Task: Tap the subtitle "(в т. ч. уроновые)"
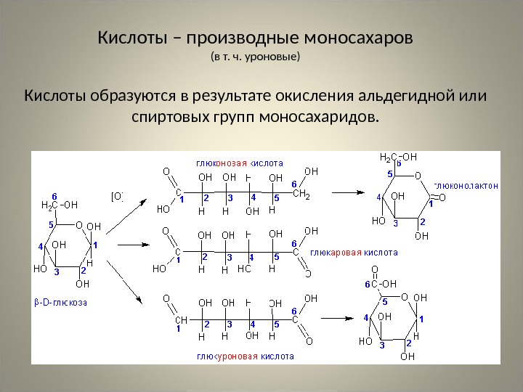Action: (x=254, y=56)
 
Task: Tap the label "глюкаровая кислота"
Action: (x=354, y=253)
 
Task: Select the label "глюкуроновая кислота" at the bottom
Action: (x=245, y=356)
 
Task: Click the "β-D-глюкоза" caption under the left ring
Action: (x=60, y=301)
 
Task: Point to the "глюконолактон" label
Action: (x=466, y=184)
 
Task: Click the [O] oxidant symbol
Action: (x=116, y=195)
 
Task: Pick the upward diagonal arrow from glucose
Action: (x=129, y=216)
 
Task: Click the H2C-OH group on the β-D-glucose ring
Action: (x=60, y=205)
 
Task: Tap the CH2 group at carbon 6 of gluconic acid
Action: (x=301, y=195)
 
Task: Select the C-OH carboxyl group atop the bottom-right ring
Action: (x=383, y=284)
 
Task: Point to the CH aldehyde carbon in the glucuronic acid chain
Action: (x=180, y=319)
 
